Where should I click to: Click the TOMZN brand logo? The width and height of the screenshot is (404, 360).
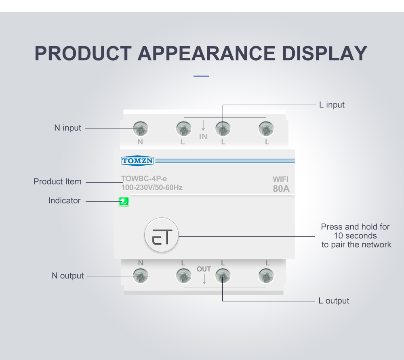[137, 161]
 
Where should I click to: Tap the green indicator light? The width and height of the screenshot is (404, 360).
[124, 202]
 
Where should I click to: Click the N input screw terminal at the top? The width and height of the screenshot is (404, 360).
[141, 128]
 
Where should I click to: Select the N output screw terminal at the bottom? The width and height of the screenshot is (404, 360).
[141, 276]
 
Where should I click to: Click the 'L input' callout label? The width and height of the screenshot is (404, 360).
[332, 105]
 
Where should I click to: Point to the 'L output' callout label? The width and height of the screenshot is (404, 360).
[334, 301]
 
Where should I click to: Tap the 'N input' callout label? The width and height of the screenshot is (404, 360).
[67, 128]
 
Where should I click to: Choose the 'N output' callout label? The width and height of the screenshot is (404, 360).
[67, 276]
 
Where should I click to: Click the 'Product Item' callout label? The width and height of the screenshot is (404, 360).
[57, 181]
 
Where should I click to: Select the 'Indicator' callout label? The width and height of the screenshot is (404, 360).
[64, 200]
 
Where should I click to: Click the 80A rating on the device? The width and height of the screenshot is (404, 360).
[281, 189]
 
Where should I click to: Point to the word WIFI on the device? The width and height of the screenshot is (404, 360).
[281, 179]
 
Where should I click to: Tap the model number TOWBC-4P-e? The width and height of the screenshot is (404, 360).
[144, 179]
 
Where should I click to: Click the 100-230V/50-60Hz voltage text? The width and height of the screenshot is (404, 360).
[152, 187]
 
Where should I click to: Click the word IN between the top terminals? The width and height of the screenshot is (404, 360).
[203, 137]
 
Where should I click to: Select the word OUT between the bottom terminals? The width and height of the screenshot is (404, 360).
[204, 269]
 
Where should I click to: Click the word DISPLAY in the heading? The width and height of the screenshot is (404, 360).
[324, 53]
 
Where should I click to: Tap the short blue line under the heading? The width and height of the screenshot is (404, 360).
[201, 76]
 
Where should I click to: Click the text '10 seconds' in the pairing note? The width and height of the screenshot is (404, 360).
[355, 236]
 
